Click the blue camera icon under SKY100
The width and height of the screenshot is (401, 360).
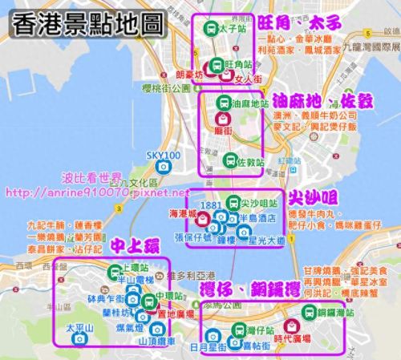click(x=164, y=166)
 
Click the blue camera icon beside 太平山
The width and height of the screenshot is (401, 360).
click(x=79, y=339)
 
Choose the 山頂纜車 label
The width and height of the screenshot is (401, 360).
click(x=158, y=341)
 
